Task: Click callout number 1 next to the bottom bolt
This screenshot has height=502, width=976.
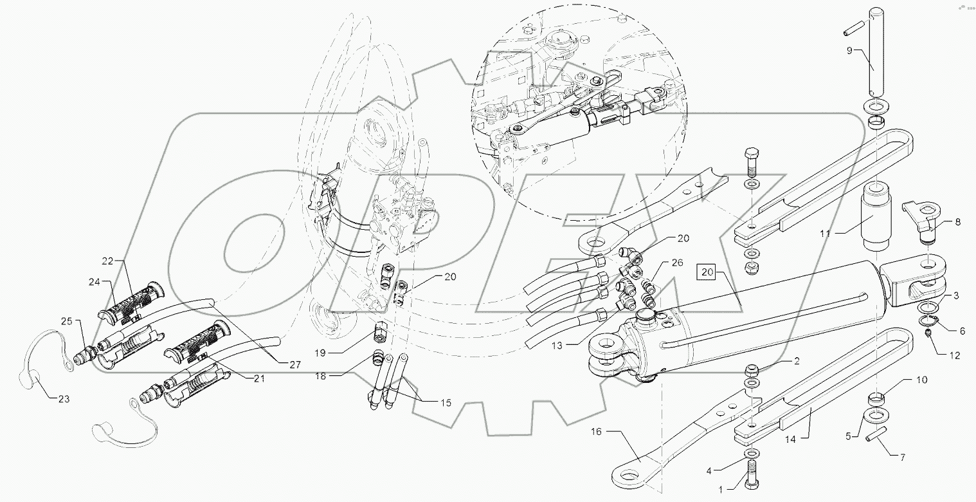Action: [x=721, y=489]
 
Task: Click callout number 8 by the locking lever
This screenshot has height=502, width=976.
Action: [x=957, y=222]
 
